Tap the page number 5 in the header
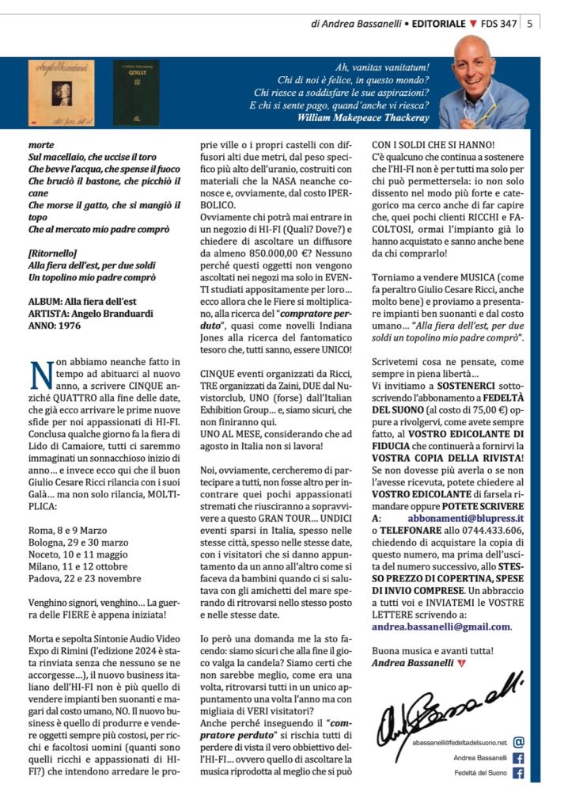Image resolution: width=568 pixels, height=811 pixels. coord(528,24)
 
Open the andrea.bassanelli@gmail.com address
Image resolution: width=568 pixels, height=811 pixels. coord(441,626)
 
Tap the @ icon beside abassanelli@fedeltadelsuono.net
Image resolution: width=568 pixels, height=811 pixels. coord(519,742)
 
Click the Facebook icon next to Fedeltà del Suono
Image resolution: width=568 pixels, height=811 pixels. coord(519,773)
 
